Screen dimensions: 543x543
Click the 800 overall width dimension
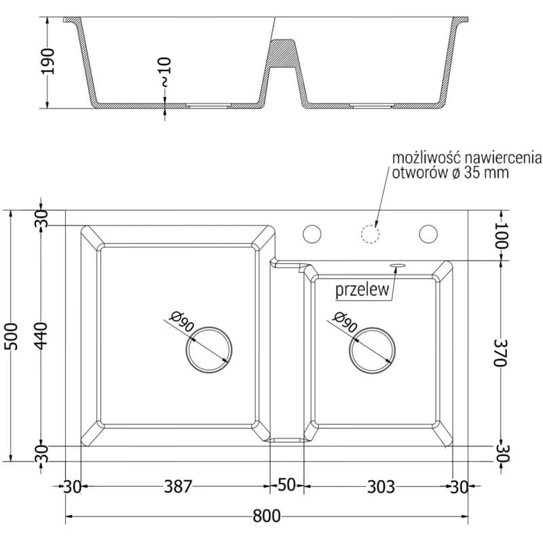tap(266, 517)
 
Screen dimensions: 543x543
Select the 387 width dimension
tap(178, 487)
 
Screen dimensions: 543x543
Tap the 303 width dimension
tap(381, 487)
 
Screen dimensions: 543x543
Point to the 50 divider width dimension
tap(286, 485)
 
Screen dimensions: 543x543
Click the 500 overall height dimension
tap(11, 336)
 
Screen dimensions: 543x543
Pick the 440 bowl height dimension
tap(41, 336)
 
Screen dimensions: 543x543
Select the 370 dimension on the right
tap(501, 352)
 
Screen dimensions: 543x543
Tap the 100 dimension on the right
tap(501, 235)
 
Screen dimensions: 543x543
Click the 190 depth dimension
tap(48, 62)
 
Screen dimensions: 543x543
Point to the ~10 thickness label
tap(165, 72)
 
